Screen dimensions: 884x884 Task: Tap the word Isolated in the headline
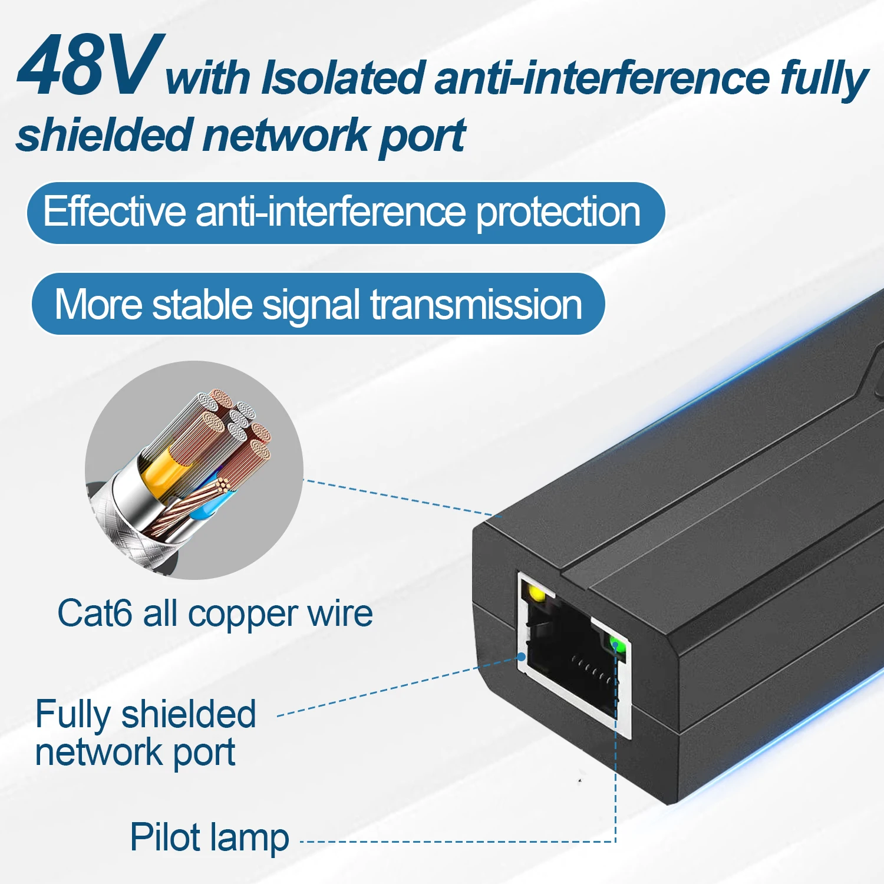click(342, 77)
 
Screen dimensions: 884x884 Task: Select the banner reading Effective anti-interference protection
click(346, 213)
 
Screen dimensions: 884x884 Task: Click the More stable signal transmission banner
click(318, 304)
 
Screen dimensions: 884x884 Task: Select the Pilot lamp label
click(209, 837)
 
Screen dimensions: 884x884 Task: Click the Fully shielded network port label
click(146, 733)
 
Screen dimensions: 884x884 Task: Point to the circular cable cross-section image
click(194, 470)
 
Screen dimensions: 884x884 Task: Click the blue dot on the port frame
click(522, 656)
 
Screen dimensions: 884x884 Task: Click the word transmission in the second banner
click(476, 305)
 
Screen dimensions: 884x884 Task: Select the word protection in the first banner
click(558, 213)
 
